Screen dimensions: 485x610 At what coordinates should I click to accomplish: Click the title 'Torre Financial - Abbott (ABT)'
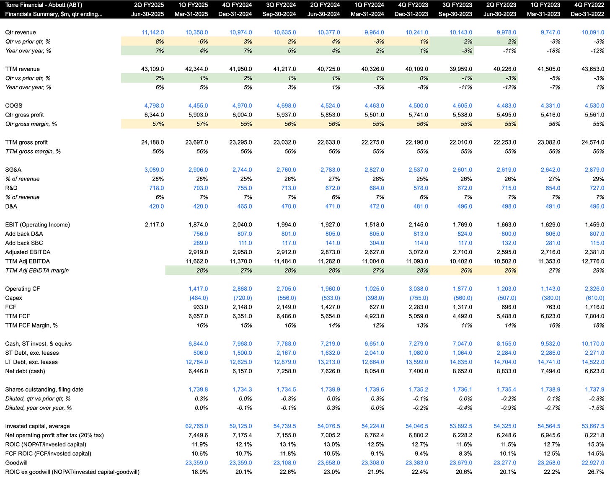point(44,5)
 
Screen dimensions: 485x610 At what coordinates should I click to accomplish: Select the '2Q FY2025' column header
point(149,5)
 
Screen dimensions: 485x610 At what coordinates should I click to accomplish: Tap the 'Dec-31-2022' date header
point(587,14)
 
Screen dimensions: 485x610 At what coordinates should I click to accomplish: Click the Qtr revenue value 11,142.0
point(153,32)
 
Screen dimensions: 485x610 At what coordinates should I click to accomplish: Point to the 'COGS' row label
point(14,106)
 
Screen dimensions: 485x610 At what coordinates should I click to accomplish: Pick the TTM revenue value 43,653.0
point(593,69)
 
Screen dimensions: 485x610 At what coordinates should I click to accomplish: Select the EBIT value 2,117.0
point(154,224)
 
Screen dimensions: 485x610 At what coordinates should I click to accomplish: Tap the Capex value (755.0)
point(419,298)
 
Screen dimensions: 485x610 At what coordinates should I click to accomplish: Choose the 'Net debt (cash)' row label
point(25,371)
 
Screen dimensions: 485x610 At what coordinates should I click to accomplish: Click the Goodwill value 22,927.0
point(593,462)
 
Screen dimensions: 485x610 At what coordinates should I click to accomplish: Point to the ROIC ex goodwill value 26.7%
point(596,472)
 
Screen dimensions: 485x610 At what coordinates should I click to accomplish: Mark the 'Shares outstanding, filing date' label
point(44,390)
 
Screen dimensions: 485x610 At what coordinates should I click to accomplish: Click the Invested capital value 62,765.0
point(196,426)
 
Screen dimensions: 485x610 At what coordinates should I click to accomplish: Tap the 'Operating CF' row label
point(23,289)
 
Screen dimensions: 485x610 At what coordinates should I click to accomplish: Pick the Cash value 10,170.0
point(593,343)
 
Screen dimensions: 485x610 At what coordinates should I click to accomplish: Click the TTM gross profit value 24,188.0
point(152,142)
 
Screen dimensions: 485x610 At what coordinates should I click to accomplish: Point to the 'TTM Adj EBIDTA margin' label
point(37,271)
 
